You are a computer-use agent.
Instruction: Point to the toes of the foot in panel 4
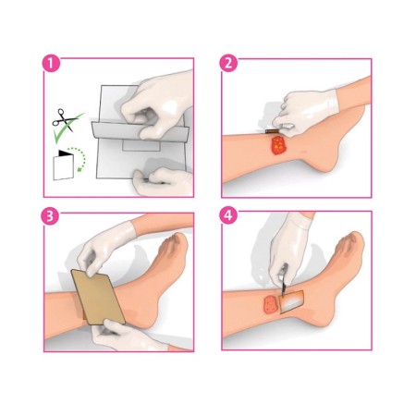click(x=349, y=248)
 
